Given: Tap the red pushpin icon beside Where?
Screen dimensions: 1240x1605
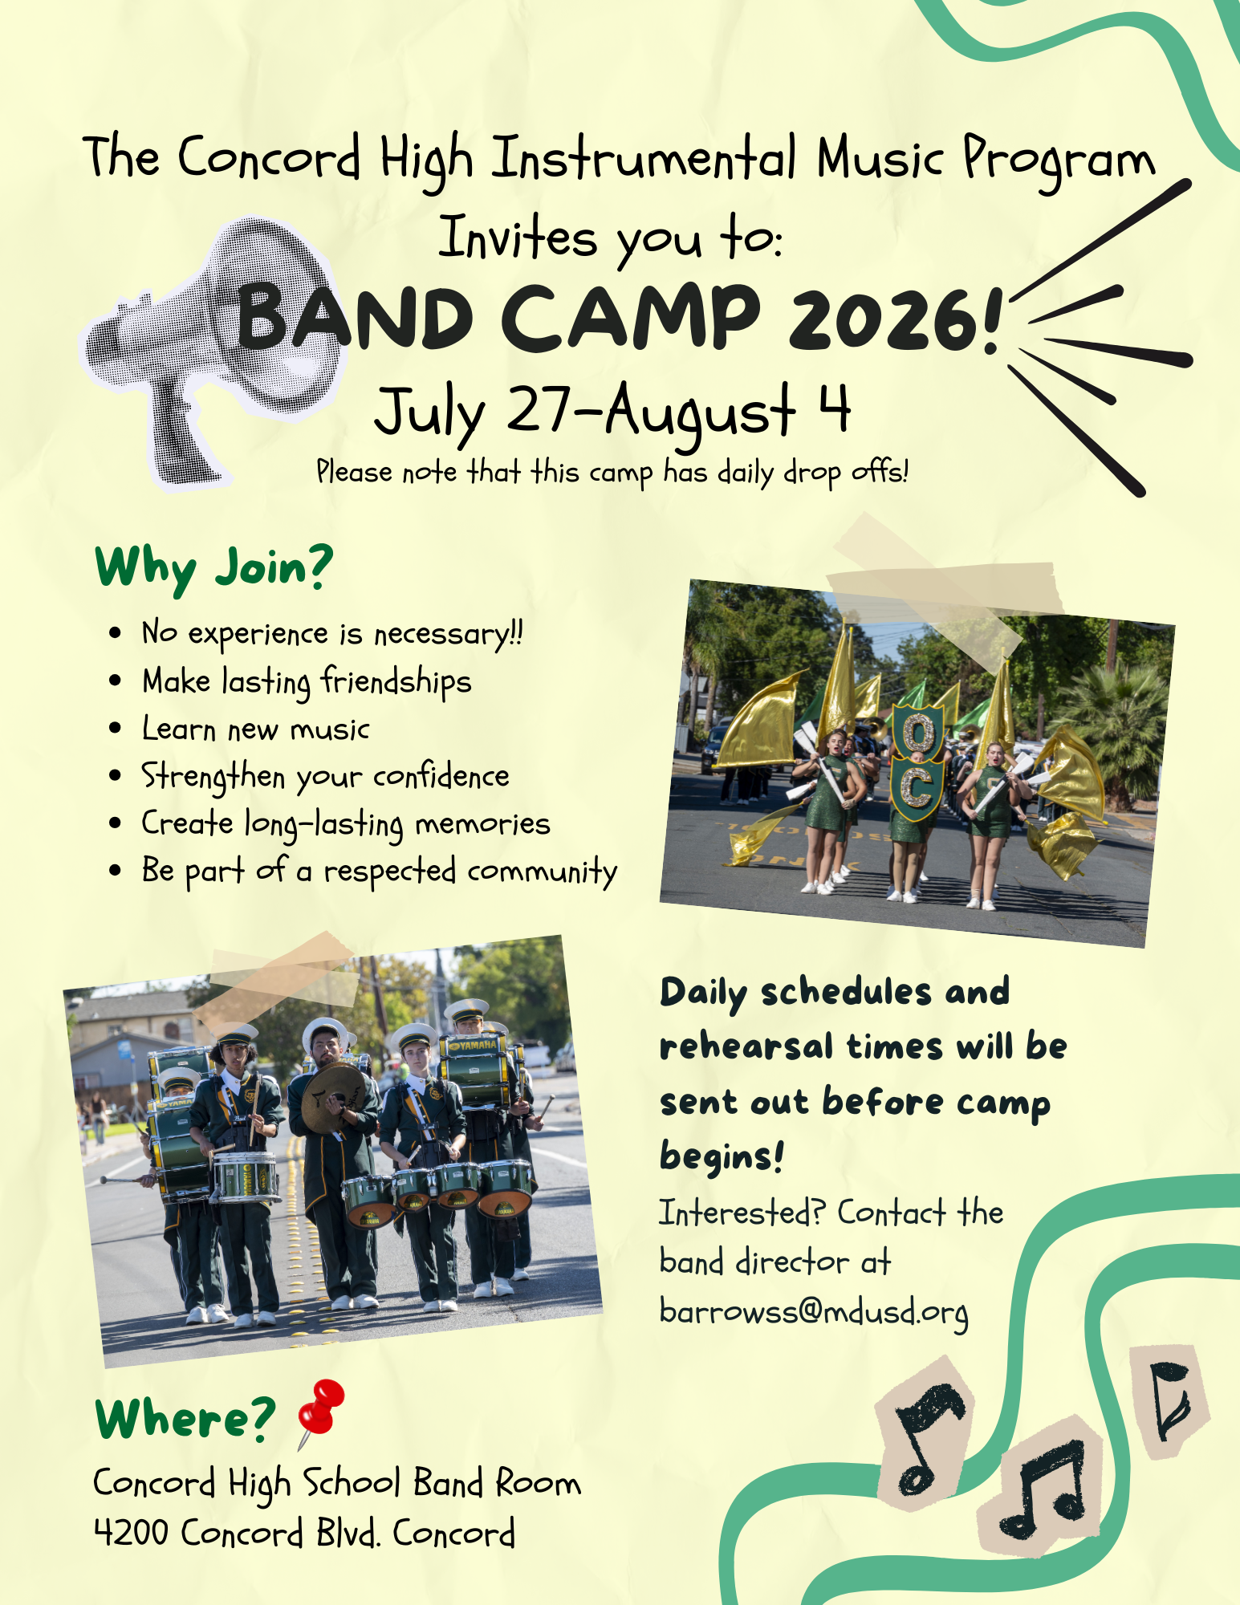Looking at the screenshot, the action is coord(321,1412).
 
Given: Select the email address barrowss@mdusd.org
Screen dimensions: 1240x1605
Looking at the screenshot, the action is coord(814,1313).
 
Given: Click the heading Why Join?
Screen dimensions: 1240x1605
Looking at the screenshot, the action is coord(213,568).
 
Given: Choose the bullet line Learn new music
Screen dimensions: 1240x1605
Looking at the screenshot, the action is coord(255,729).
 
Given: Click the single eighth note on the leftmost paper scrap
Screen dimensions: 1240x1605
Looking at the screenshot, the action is coord(929,1436).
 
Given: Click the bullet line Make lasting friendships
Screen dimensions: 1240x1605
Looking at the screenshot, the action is coord(307,681).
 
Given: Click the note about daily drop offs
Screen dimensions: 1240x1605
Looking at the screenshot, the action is coord(612,472).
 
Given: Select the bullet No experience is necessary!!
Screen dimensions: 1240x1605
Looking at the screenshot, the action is coord(332,633).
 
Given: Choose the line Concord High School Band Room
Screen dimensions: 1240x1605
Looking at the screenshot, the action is coord(337,1483).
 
